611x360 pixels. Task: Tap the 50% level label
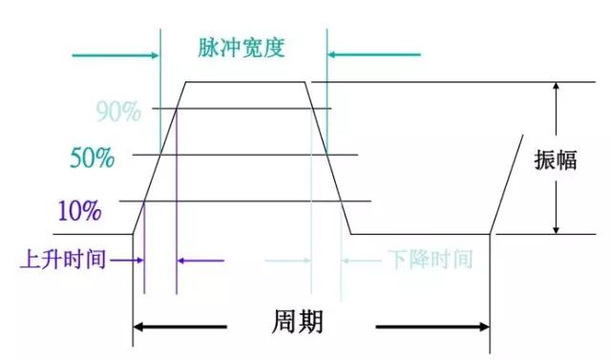[93, 158]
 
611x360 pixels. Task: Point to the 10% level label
[79, 209]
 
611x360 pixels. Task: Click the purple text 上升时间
[63, 259]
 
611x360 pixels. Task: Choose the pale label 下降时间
[431, 259]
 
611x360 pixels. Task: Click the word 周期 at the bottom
[298, 322]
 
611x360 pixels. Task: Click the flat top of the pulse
[245, 82]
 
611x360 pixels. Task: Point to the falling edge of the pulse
[327, 158]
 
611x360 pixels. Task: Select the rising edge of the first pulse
[158, 158]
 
